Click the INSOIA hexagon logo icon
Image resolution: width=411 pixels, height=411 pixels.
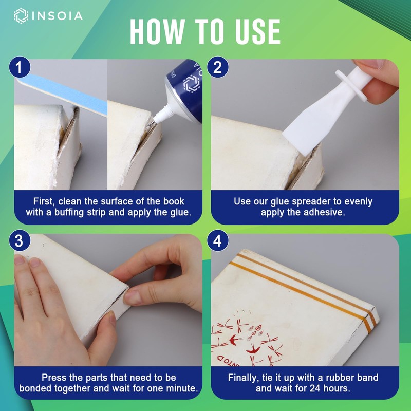pos(21,16)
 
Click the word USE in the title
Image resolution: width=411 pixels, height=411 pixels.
pos(258,32)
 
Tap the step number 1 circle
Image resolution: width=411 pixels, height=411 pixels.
pos(20,67)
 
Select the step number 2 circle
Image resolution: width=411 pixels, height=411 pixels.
pos(217,67)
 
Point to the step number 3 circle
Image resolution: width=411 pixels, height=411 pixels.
pos(20,240)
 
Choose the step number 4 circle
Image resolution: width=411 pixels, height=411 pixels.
pos(217,240)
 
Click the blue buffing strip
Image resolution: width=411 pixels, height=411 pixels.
pos(63,95)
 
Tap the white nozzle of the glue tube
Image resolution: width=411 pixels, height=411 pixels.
pos(163,115)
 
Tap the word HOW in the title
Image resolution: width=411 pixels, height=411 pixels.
pos(158,32)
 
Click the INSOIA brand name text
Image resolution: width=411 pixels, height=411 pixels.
pos(57,16)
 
